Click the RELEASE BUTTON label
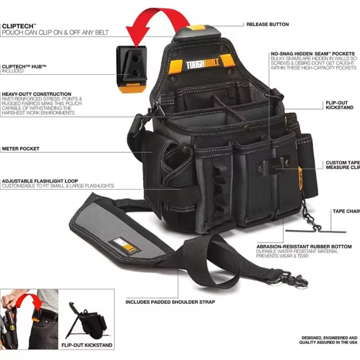[267, 24]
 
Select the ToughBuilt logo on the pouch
[203, 65]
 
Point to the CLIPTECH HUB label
[24, 67]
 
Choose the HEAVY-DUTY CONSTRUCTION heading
[36, 94]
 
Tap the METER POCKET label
[20, 148]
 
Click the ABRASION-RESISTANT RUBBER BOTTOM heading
[304, 247]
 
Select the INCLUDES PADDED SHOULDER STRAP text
[170, 302]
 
